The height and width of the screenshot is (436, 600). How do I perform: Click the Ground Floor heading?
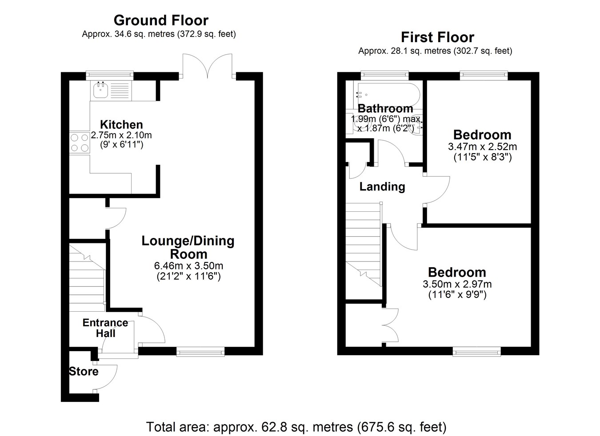coord(161,20)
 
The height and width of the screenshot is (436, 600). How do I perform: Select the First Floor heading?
coord(437,37)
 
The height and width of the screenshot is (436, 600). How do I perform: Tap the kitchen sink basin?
coord(101,90)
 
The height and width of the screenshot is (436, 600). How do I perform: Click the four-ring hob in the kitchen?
coord(80,143)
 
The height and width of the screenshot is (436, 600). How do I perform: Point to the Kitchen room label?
coord(121,125)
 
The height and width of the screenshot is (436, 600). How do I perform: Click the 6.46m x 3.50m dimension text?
coord(188,266)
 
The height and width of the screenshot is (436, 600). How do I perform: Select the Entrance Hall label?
coord(105,328)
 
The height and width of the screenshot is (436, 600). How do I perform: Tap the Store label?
coord(84,372)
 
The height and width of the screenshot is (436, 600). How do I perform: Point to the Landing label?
coord(382,187)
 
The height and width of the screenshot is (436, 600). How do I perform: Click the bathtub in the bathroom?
coord(387,95)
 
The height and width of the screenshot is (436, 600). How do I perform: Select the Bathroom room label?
coord(385,109)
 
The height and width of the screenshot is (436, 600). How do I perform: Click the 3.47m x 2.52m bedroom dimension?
coord(482,147)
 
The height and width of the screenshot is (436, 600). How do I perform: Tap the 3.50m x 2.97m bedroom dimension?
coord(457,284)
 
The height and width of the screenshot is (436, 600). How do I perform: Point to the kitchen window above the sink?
coord(109,75)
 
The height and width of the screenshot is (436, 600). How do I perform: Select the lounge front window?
coord(200,352)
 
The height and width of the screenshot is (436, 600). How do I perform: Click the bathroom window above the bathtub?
coord(384,75)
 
